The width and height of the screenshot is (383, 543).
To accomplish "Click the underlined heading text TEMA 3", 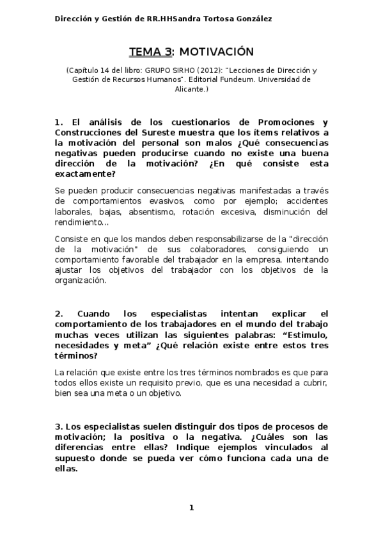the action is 150,51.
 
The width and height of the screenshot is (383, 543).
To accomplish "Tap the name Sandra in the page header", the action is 190,19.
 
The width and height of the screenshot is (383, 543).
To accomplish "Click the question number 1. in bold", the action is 59,122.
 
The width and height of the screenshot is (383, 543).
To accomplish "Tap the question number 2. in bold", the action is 59,314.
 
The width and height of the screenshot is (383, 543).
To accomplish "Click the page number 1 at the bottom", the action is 191,508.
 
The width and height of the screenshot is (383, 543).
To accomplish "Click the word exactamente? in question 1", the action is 85,174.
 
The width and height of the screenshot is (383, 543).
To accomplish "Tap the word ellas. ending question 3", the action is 66,467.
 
